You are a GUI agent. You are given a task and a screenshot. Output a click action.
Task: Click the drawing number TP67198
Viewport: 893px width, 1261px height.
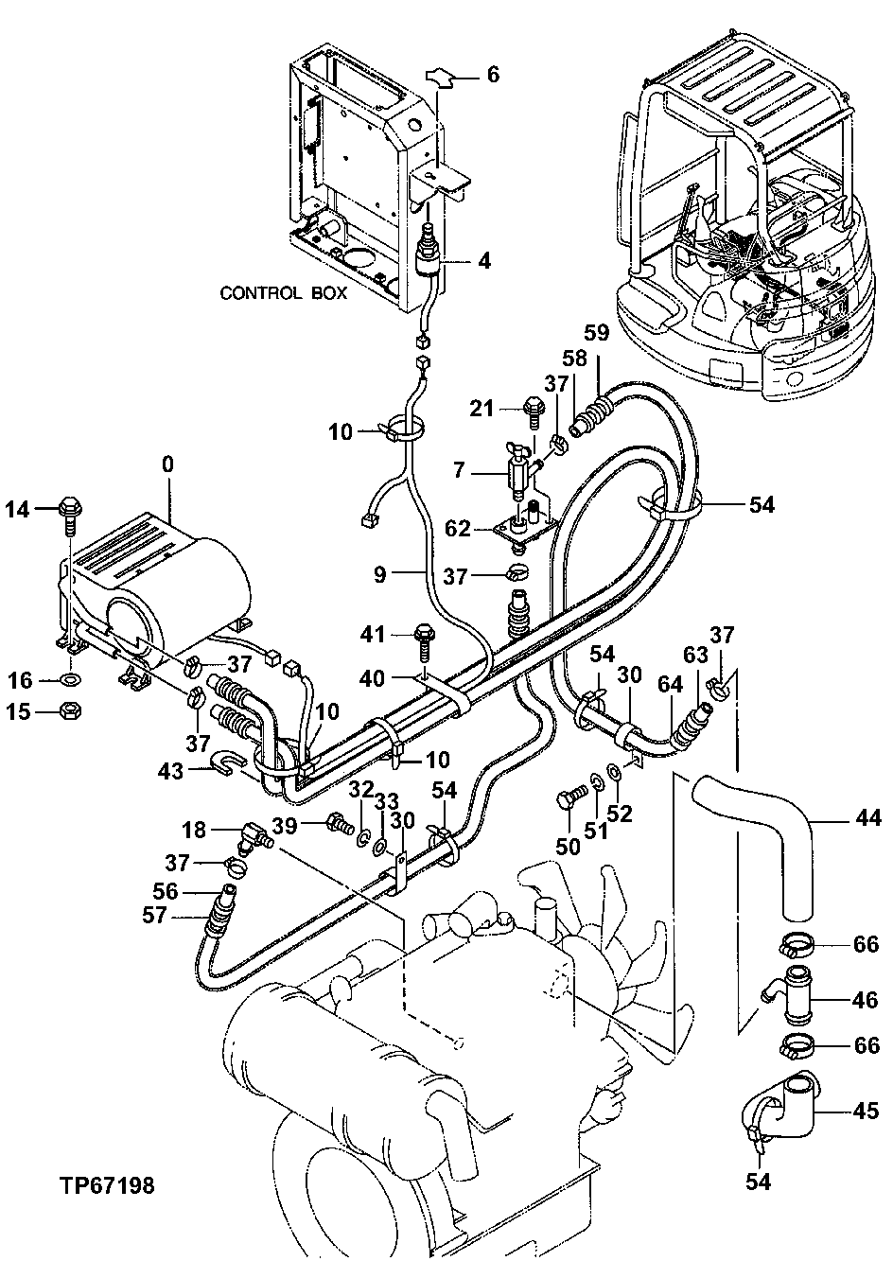coord(107,1184)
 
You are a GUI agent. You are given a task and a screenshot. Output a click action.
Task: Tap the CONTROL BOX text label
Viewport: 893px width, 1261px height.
coord(283,293)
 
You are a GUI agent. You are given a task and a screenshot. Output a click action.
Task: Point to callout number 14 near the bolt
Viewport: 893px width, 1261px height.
coord(18,510)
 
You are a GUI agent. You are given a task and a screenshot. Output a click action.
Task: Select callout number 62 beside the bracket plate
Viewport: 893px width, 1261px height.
coord(458,528)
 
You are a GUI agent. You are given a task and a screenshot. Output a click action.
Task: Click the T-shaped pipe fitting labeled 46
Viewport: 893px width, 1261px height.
coord(793,997)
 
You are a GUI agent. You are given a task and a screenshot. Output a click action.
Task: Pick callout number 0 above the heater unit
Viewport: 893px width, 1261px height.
coord(167,464)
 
